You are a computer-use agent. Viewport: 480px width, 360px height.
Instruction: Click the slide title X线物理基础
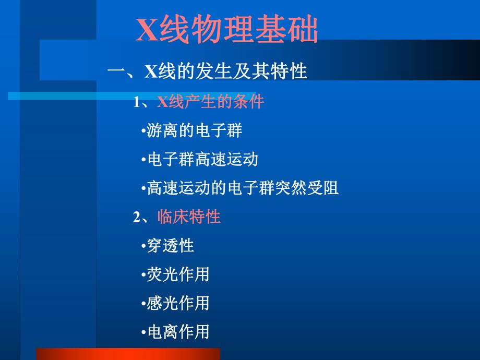pos(227,30)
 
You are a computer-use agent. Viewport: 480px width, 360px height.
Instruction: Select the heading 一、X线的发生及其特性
pos(207,71)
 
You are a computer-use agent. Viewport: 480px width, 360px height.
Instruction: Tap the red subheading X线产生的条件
pos(211,101)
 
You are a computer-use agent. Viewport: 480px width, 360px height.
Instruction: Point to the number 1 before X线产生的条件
pos(137,102)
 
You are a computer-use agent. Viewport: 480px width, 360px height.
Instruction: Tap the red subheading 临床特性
pos(189,217)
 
